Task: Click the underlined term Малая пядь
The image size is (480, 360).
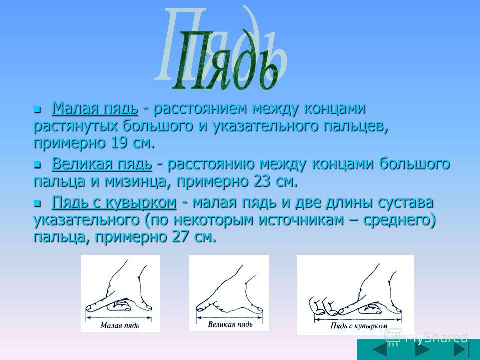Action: pos(95,108)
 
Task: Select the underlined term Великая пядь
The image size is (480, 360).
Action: pos(102,164)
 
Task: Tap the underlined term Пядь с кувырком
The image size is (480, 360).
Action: pos(114,203)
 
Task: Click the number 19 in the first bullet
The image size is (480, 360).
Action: pos(119,143)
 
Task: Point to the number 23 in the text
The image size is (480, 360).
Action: pos(262,182)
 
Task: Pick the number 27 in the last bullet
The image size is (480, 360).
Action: pos(180,237)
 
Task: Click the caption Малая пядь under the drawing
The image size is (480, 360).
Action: pos(120,325)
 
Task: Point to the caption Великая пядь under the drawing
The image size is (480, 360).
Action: pos(230,324)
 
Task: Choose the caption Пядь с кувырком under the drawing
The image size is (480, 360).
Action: pos(359,326)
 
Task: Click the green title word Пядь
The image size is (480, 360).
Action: pos(226,60)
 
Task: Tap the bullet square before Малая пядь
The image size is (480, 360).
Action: pos(37,109)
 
